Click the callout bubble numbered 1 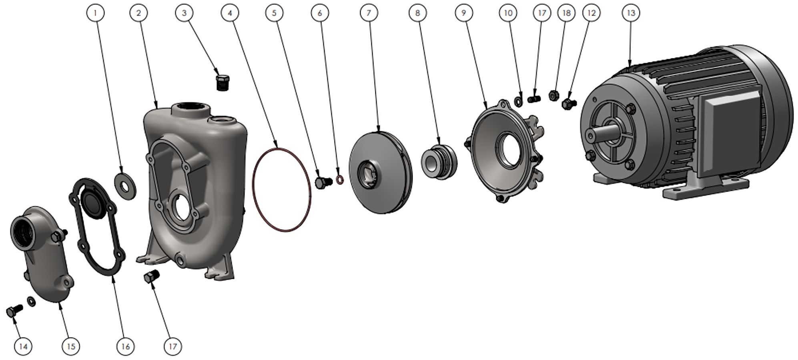95,13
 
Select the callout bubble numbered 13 631,13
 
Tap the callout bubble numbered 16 125,346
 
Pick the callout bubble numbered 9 464,13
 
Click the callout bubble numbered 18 566,13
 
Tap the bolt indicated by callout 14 14,311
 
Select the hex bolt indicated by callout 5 324,182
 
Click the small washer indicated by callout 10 518,101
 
